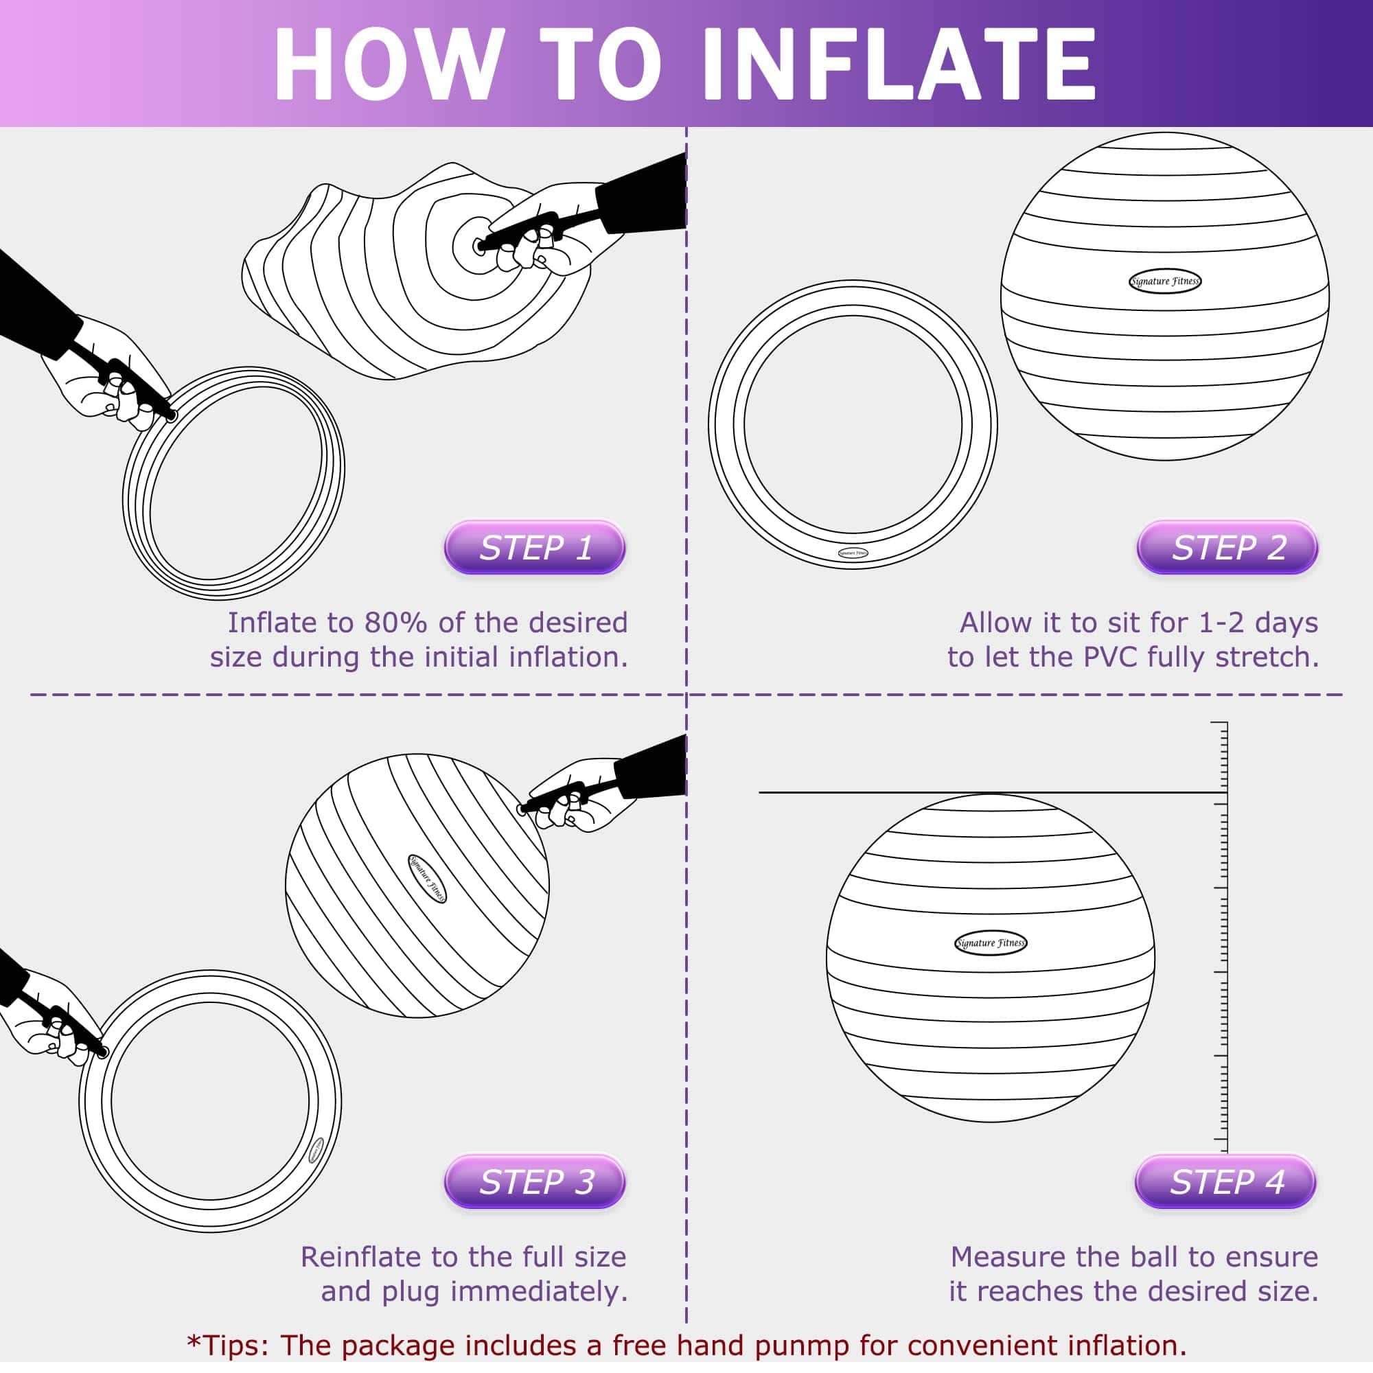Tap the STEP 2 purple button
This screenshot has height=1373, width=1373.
pyautogui.click(x=1227, y=547)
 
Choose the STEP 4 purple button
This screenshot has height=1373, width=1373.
pyautogui.click(x=1225, y=1182)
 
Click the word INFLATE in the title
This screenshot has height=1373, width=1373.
pyautogui.click(x=899, y=65)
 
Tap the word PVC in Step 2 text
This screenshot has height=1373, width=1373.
pyautogui.click(x=1110, y=657)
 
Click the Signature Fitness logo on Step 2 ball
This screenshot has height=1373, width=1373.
pyautogui.click(x=1165, y=281)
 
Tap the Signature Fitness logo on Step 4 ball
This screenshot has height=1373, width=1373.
pyautogui.click(x=990, y=943)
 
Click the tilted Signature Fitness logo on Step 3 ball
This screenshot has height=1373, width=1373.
pyautogui.click(x=427, y=879)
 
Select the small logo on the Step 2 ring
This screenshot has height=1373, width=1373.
pyautogui.click(x=852, y=553)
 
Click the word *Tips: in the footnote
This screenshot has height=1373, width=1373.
pyautogui.click(x=227, y=1346)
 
